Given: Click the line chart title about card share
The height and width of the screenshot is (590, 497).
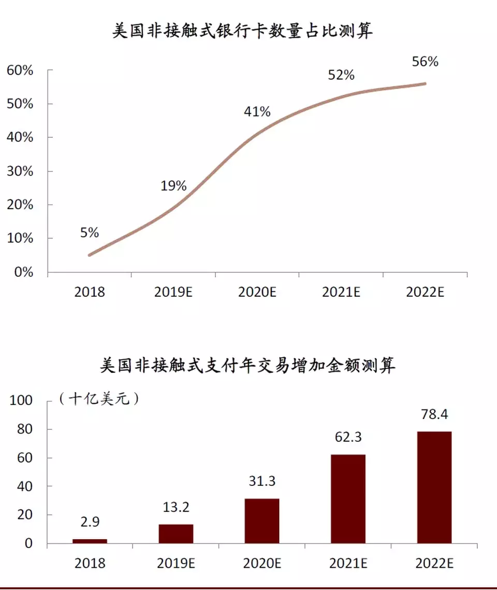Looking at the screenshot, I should coord(242,32).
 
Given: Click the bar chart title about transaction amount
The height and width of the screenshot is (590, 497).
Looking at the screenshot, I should coord(247,366).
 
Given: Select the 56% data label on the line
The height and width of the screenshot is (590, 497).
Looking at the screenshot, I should coord(425,62).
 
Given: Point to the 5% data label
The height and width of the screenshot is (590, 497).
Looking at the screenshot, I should coord(90,233).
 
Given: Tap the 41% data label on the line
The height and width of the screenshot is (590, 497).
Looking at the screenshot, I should coord(257,111).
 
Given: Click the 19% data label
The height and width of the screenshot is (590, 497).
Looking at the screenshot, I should coord(173,186).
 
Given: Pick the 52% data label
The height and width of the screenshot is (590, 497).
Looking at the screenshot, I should coord(341,75).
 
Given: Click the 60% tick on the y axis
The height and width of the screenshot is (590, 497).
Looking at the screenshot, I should coord(20,70).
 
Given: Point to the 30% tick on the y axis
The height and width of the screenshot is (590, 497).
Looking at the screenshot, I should coord(20,171).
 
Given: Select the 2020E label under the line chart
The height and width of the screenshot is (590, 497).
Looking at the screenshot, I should coord(257,292).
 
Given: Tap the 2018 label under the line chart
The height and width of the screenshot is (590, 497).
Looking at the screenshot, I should coord(90,292).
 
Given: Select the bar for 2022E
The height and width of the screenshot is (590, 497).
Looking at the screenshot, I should coord(434,487).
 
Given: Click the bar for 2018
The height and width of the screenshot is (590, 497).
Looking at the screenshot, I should coord(90,541).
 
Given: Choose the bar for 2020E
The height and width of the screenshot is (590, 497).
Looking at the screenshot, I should coord(262,521).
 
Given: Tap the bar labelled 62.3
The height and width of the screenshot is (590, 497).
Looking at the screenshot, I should coord(348,499).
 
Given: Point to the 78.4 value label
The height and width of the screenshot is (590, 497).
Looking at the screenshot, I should coord(434,414).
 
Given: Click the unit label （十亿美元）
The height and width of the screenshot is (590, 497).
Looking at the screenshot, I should coord(98,399).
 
